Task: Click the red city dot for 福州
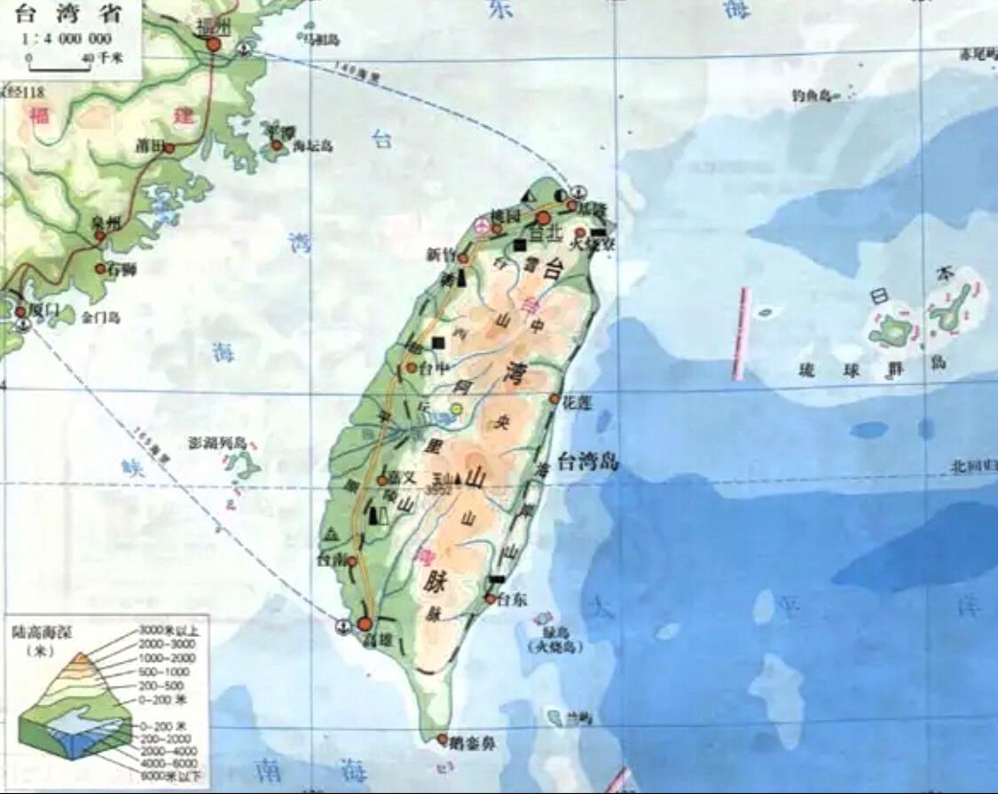click(x=213, y=43)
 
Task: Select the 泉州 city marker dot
click(x=100, y=236)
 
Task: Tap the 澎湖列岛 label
click(x=222, y=442)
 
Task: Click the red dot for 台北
click(x=543, y=217)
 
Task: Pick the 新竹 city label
click(x=441, y=255)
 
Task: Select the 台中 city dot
click(x=412, y=366)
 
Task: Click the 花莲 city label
click(x=577, y=401)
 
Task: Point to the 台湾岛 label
click(x=588, y=461)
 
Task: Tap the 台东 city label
click(x=513, y=600)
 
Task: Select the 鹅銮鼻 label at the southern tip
click(x=472, y=743)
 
